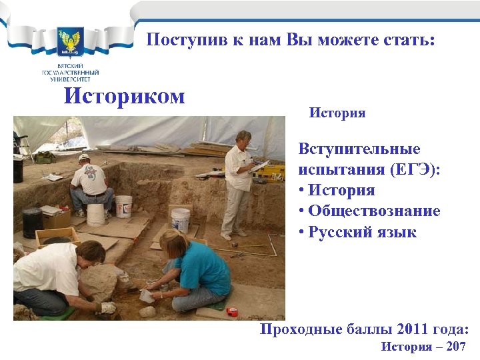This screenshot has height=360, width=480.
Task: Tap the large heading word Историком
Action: coord(124,96)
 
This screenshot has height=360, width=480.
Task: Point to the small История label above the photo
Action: coord(337,113)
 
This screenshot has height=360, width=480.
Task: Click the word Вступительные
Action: coord(359,148)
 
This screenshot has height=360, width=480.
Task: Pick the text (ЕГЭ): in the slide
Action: coord(411,169)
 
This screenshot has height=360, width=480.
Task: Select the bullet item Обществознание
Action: coord(373,211)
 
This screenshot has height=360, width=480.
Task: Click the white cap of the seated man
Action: coord(83,157)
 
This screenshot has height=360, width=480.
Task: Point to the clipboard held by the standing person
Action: coord(261,165)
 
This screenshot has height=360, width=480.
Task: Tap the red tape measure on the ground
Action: coord(232,311)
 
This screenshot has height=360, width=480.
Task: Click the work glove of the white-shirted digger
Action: coord(107,308)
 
